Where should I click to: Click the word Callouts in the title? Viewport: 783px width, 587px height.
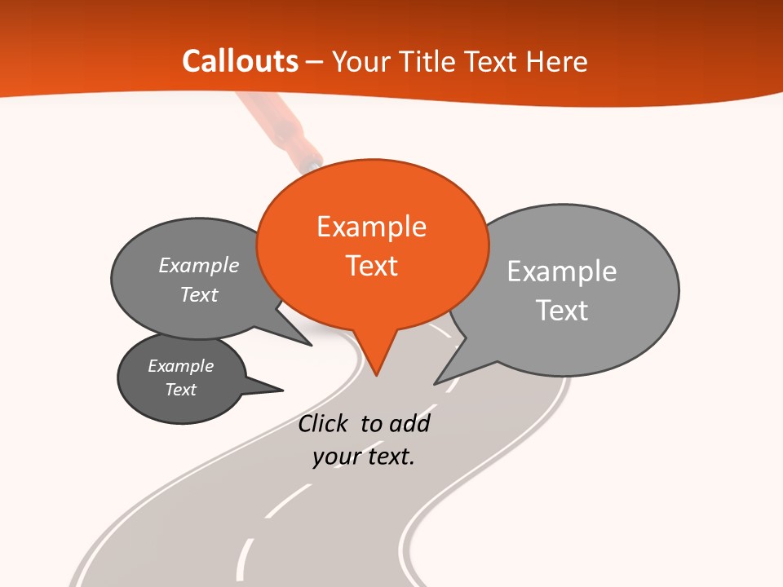(240, 61)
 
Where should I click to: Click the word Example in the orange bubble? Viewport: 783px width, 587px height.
(371, 227)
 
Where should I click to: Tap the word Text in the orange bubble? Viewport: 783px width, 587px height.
(372, 266)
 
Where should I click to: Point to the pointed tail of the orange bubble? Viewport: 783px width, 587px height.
(376, 373)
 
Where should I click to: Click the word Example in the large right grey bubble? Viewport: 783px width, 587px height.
(562, 271)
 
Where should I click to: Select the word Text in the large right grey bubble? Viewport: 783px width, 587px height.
(562, 311)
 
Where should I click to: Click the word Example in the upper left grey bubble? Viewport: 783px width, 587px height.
(199, 266)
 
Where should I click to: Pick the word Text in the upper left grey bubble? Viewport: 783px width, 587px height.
(199, 294)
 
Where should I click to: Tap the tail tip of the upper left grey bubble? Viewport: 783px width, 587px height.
(310, 344)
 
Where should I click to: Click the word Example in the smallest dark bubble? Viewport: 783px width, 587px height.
(181, 366)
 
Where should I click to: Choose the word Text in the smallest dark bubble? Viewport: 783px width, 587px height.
(181, 390)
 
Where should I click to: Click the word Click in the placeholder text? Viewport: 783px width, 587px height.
(325, 424)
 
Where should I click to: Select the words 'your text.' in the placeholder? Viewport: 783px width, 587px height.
(364, 457)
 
